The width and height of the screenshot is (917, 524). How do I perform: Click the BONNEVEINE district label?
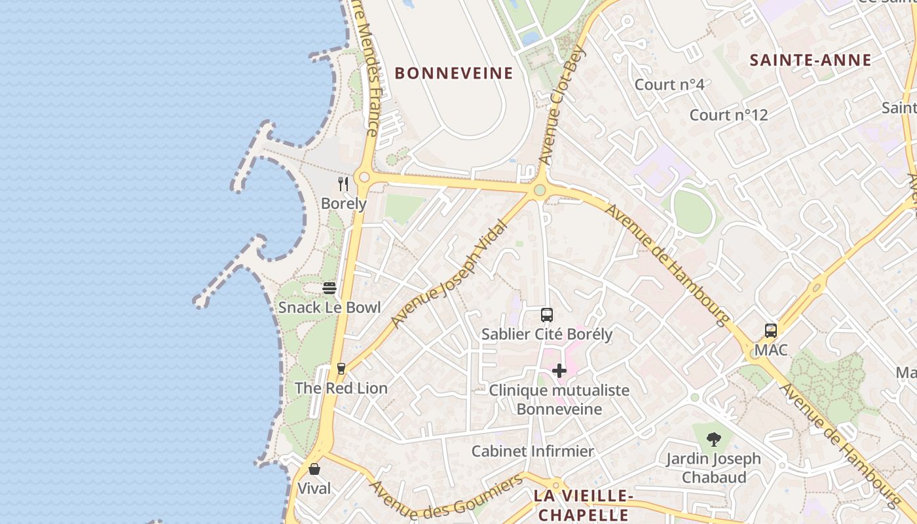pyautogui.click(x=454, y=73)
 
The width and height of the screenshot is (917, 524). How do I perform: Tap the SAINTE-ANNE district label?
pyautogui.click(x=810, y=60)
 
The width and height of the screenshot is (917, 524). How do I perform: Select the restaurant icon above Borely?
pyautogui.click(x=343, y=183)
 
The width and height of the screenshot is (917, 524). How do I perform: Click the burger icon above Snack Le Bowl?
pyautogui.click(x=329, y=288)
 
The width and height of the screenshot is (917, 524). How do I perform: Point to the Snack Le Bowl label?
pyautogui.click(x=329, y=307)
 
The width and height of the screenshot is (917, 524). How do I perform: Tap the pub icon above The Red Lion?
pyautogui.click(x=341, y=369)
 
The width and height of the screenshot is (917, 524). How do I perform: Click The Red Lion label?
pyautogui.click(x=341, y=388)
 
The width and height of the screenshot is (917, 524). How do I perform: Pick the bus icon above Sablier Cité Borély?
pyautogui.click(x=547, y=315)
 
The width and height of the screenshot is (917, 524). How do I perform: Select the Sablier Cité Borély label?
pyautogui.click(x=547, y=334)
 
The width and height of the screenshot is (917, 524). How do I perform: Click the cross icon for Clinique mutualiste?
pyautogui.click(x=559, y=371)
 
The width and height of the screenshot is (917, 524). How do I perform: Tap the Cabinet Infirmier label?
pyautogui.click(x=533, y=451)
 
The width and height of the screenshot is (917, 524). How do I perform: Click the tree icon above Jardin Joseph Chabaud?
pyautogui.click(x=714, y=440)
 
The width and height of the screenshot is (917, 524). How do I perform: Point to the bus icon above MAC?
pyautogui.click(x=771, y=331)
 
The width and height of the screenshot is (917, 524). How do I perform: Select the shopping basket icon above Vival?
pyautogui.click(x=314, y=469)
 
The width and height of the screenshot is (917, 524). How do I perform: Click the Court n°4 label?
pyautogui.click(x=669, y=84)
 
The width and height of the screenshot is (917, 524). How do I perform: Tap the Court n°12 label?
pyautogui.click(x=728, y=115)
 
